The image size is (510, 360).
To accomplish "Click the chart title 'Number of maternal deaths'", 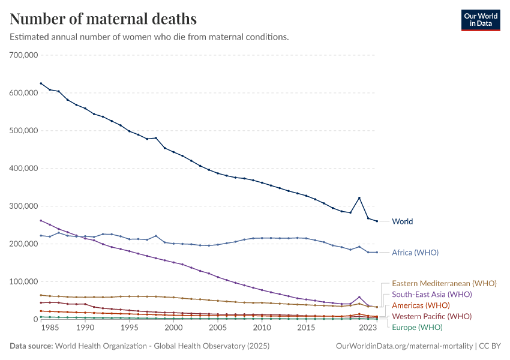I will (x=103, y=19).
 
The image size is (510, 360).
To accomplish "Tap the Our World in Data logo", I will (x=480, y=20).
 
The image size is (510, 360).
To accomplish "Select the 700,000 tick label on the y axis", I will (x=24, y=55).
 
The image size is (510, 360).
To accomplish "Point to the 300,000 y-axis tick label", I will (x=24, y=206).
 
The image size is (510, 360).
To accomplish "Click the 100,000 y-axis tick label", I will (x=24, y=282).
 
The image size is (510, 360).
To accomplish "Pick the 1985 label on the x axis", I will (x=50, y=329).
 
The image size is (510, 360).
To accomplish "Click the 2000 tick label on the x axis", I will (x=173, y=329).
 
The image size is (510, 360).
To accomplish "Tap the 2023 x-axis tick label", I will (x=368, y=329).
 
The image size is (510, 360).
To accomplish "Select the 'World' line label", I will (x=402, y=221).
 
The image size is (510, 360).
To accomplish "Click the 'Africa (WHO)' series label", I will (x=415, y=253).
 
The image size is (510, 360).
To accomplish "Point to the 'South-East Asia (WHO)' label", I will (x=431, y=295).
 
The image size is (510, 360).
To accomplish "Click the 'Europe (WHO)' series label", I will (x=416, y=328).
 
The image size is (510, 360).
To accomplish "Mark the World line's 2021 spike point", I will (x=359, y=198).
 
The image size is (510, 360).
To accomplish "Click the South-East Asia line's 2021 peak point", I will (x=359, y=297).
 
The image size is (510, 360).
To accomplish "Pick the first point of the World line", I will (x=41, y=83).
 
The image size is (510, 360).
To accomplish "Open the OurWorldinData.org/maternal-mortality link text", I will (x=403, y=346).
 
